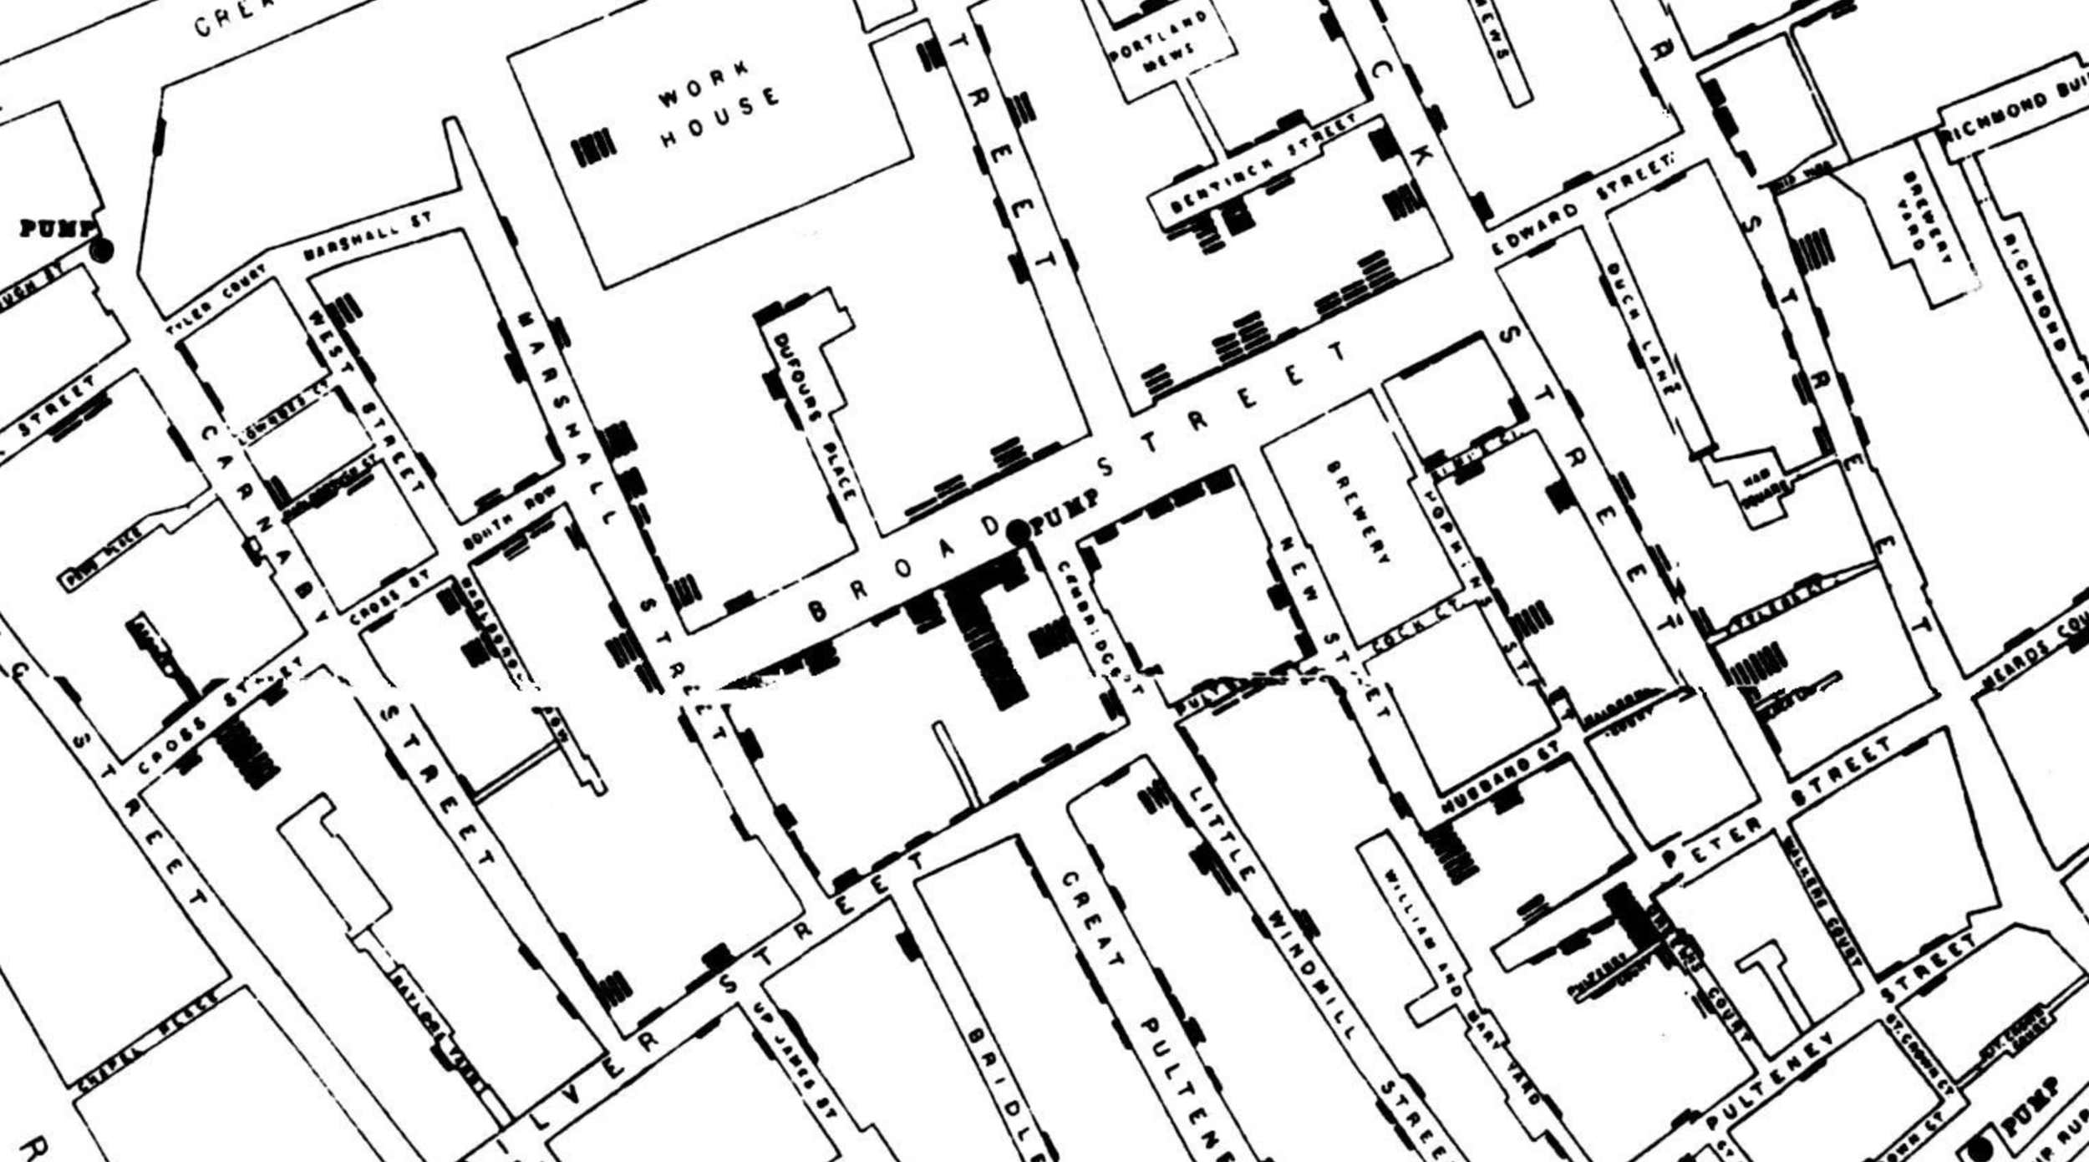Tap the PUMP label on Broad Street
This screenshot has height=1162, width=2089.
pyautogui.click(x=1065, y=511)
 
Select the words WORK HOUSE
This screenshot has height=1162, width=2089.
pyautogui.click(x=719, y=104)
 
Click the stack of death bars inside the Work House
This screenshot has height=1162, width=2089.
pyautogui.click(x=593, y=148)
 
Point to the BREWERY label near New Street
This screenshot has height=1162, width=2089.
pyautogui.click(x=1357, y=510)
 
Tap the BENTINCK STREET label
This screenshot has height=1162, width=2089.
pyautogui.click(x=1262, y=163)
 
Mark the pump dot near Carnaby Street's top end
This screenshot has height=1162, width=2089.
pyautogui.click(x=102, y=250)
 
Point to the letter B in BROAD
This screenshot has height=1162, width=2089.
pyautogui.click(x=818, y=611)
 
